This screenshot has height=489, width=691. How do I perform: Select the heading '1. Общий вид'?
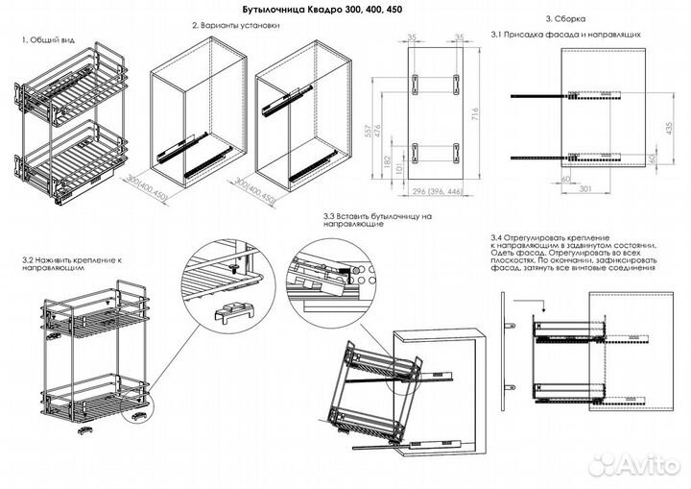click(48, 40)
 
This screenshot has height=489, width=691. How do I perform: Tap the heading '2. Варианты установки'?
click(234, 26)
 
